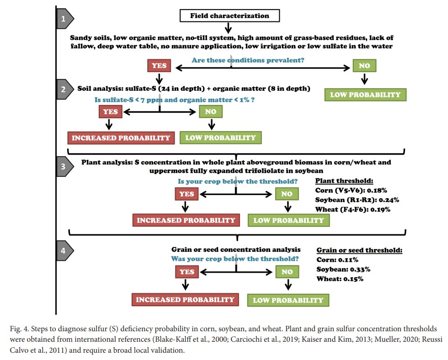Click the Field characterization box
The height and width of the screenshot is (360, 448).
coord(230,16)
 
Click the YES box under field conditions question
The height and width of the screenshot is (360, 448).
coord(159,66)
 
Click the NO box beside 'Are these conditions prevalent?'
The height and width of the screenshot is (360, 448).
coord(364,66)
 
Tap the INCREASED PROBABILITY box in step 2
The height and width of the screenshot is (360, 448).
coord(121,138)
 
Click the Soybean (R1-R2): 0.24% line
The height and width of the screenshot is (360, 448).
coord(351,200)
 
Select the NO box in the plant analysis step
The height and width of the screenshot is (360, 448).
coord(287,194)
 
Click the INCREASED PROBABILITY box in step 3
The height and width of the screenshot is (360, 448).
coord(186,220)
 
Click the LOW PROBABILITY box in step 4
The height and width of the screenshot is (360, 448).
coord(288,300)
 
